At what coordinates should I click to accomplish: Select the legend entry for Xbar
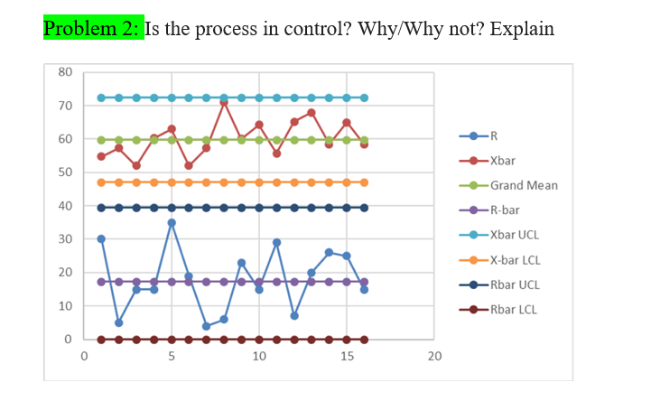pos(503,161)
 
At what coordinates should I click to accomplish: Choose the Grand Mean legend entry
pos(524,185)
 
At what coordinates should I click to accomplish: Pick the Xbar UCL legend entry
pos(515,235)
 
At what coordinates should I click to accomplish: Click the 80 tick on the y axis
pos(65,72)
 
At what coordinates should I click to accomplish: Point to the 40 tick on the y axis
pos(65,206)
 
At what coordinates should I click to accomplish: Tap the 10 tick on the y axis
pos(65,306)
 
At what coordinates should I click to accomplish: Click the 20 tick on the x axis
pos(434,356)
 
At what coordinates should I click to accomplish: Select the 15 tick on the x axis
pos(347,356)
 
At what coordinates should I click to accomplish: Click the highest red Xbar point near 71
pos(224,102)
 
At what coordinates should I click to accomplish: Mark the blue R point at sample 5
pos(172,222)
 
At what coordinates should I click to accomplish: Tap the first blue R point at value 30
pos(101,238)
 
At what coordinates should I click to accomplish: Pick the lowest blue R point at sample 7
pos(207,326)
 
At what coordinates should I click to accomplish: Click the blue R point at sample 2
pos(118,322)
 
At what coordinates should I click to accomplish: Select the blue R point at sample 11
pos(276,242)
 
